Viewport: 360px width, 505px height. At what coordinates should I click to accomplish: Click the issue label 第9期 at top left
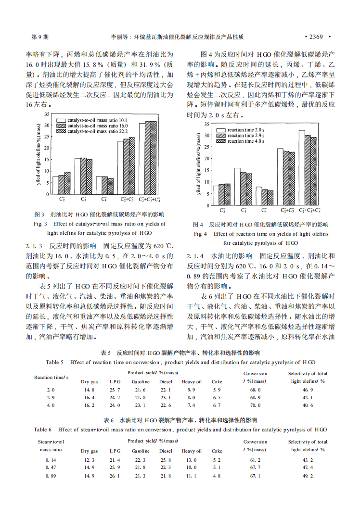coord(39,37)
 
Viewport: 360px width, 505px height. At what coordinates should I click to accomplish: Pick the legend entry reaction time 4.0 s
coord(245,141)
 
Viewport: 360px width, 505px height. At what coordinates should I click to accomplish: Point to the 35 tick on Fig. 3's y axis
coord(47,114)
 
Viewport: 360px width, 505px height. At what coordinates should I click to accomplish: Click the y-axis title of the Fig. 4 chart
coord(198,164)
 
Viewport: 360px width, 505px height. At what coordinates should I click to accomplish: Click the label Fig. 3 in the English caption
coord(40,224)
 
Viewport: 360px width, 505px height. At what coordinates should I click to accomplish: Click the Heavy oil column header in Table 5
coord(191,381)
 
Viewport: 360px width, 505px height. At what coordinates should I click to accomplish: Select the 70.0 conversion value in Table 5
coord(255,405)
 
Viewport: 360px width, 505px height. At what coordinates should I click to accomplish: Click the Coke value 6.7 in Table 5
coord(217,405)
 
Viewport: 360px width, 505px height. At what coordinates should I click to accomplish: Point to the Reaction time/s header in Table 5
coord(51,377)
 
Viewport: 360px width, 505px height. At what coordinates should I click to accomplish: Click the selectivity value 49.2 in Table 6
coord(308,476)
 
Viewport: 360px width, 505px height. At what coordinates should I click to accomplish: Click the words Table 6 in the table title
coord(43,429)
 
